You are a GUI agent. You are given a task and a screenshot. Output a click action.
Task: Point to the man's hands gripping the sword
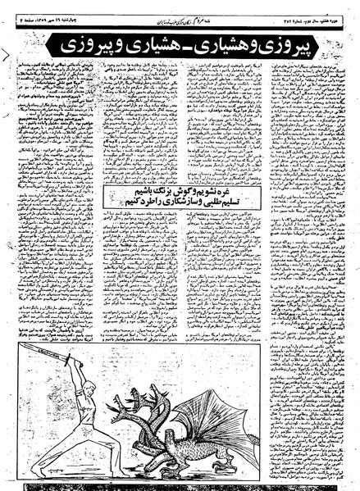click(76, 361)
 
